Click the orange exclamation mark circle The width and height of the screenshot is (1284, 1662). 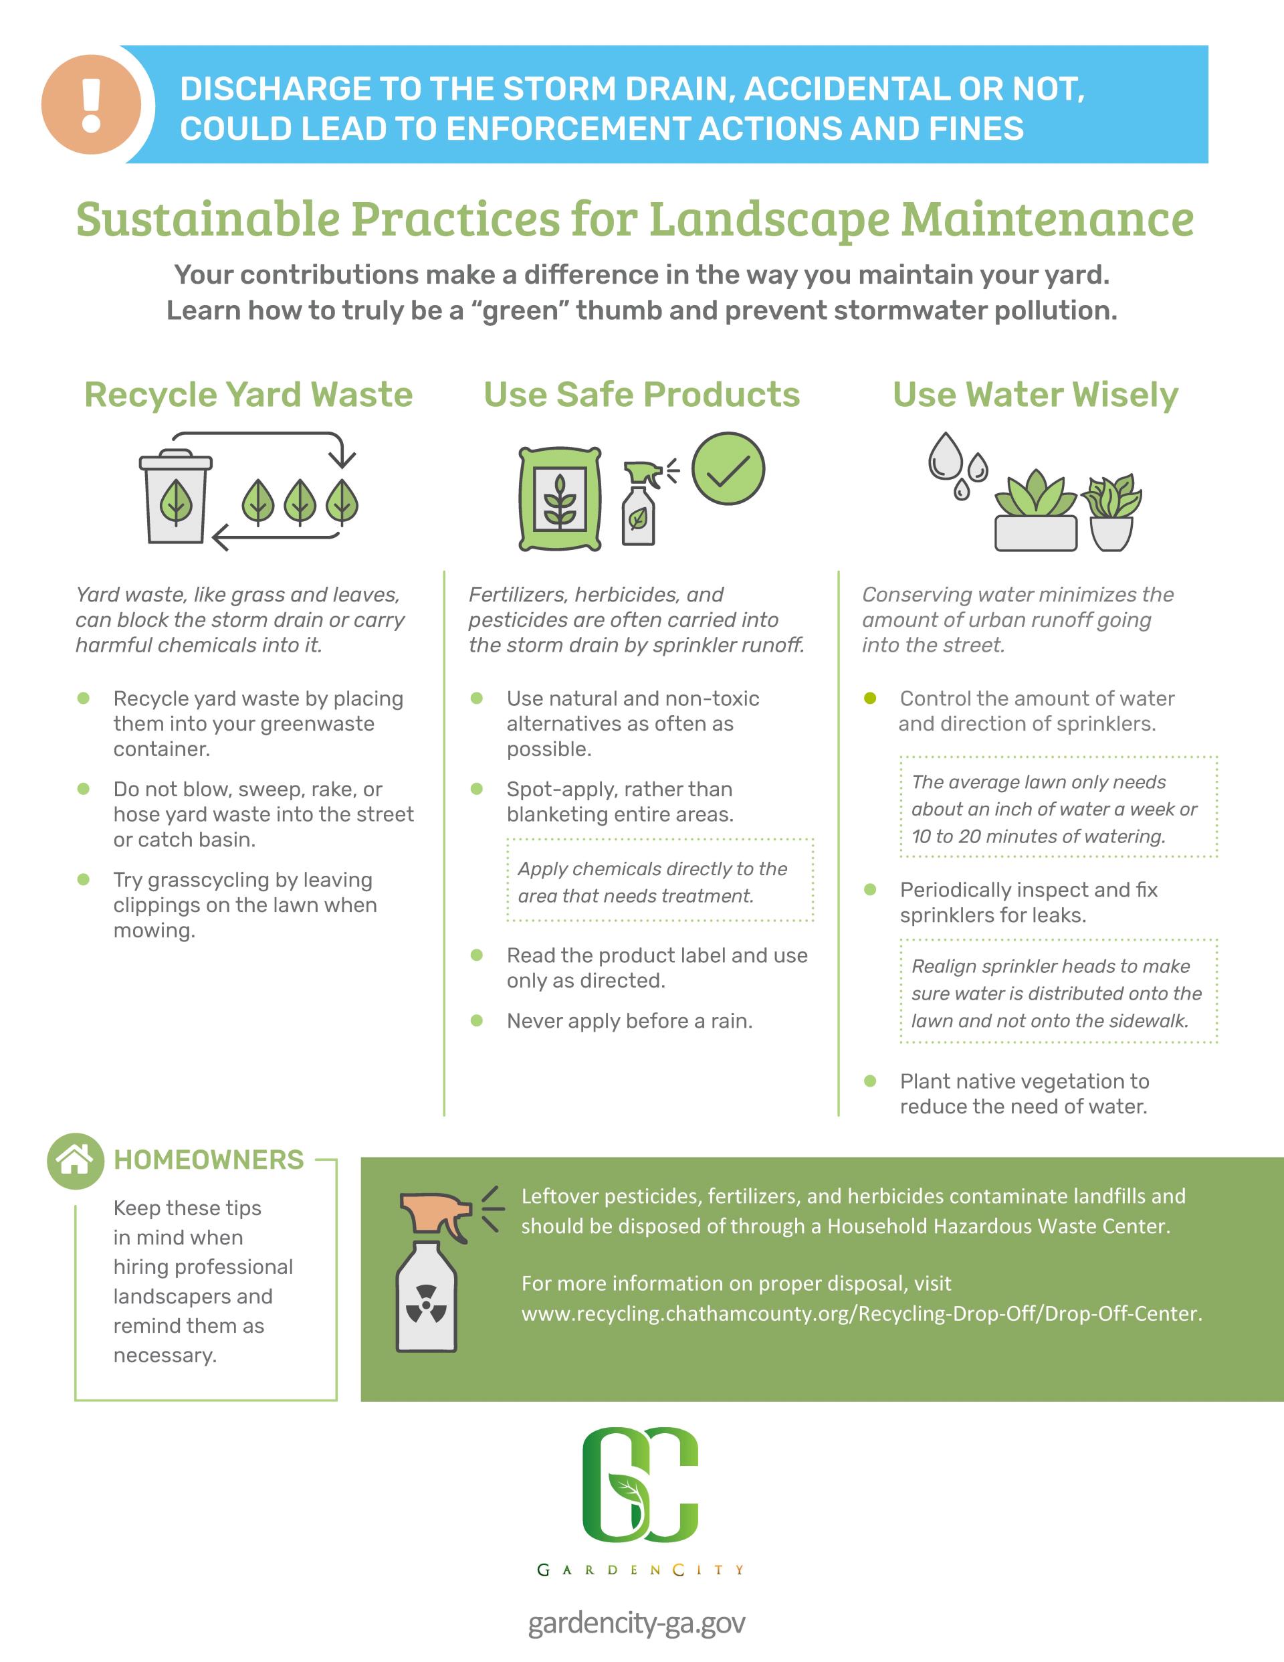pyautogui.click(x=91, y=104)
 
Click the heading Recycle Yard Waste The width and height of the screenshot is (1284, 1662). pyautogui.click(x=248, y=394)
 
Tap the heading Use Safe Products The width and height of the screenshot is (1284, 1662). pyautogui.click(x=641, y=394)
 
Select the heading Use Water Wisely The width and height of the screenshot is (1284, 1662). pyautogui.click(x=1035, y=394)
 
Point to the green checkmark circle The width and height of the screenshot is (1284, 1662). pyautogui.click(x=728, y=469)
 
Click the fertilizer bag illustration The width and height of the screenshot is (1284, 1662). pyautogui.click(x=560, y=499)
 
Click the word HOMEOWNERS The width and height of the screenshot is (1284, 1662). pyautogui.click(x=209, y=1160)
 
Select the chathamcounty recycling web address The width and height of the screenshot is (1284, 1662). pyautogui.click(x=861, y=1314)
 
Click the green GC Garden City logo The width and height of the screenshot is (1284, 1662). pyautogui.click(x=641, y=1495)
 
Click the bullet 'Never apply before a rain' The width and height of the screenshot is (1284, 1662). pyautogui.click(x=629, y=1020)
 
